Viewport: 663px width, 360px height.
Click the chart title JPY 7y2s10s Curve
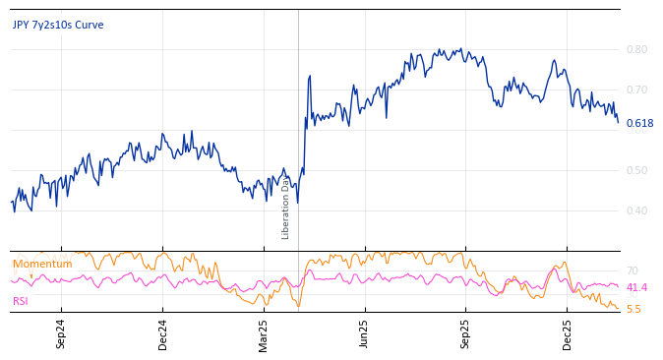click(x=58, y=25)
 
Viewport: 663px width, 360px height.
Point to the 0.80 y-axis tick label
click(x=636, y=49)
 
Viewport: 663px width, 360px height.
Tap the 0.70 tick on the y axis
click(x=636, y=90)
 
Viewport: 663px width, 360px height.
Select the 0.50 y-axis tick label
click(x=636, y=170)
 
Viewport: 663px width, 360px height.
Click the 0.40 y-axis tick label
click(x=636, y=210)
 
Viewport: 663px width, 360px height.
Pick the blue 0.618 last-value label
click(x=639, y=123)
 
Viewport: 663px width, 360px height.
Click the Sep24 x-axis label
click(x=61, y=334)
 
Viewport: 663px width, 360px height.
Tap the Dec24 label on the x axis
click(x=163, y=334)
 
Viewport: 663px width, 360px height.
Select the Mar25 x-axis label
click(x=264, y=334)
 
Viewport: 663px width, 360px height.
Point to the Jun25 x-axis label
click(x=364, y=334)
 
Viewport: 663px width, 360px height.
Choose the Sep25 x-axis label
click(x=466, y=334)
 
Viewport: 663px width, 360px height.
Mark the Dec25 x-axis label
click(x=568, y=334)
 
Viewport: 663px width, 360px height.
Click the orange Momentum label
click(x=42, y=264)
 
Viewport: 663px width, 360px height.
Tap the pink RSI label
click(x=21, y=301)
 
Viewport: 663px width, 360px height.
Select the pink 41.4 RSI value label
click(x=636, y=287)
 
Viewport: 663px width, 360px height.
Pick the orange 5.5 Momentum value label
click(x=633, y=309)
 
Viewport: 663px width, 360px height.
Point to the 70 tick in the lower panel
click(x=633, y=270)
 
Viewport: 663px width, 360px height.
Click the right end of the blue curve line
click(x=618, y=122)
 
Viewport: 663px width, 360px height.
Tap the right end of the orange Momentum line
click(x=618, y=309)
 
